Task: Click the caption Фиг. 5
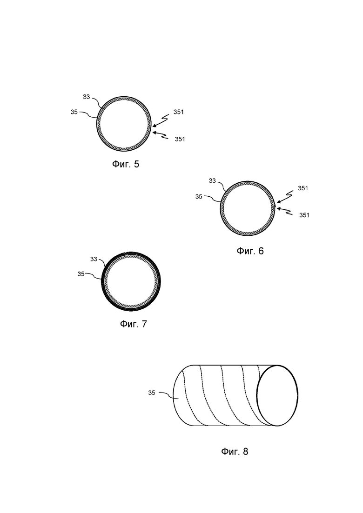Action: tap(126, 164)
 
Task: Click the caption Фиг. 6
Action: tap(250, 251)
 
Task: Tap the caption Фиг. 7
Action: tap(134, 324)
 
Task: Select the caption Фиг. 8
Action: tap(235, 452)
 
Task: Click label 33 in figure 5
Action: tap(87, 97)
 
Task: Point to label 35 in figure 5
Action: tap(74, 112)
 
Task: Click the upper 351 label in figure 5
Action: tap(179, 112)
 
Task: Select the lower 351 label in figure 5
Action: tap(180, 139)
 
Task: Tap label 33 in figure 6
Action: tap(212, 180)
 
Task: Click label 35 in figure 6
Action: tap(199, 197)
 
